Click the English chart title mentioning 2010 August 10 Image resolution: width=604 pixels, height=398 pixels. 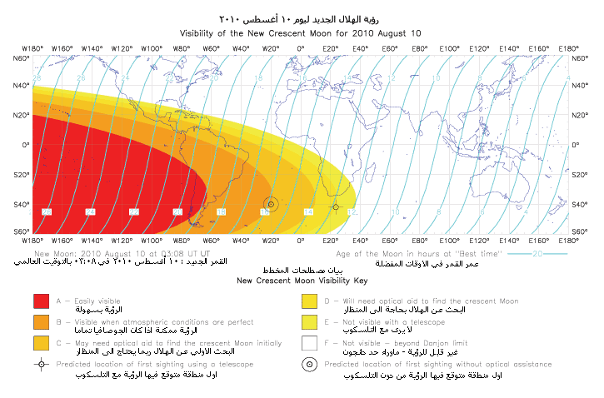301,32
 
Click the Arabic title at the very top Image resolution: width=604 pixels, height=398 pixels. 301,18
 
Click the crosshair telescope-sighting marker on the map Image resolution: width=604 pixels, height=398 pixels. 336,206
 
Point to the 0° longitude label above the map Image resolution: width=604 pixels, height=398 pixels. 301,49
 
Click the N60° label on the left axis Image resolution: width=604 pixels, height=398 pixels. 20,58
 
